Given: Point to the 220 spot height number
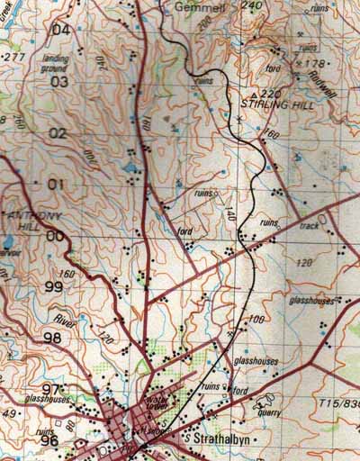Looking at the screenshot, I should tap(273, 93).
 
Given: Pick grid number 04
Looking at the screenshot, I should tap(61, 29).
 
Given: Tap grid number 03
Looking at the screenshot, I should tap(59, 82).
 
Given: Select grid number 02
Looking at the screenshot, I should tap(58, 133).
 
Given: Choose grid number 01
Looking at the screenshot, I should tap(57, 185).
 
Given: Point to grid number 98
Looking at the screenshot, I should tap(52, 338).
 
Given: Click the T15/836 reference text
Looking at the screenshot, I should tap(337, 405).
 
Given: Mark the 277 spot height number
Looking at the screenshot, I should tap(13, 57).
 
